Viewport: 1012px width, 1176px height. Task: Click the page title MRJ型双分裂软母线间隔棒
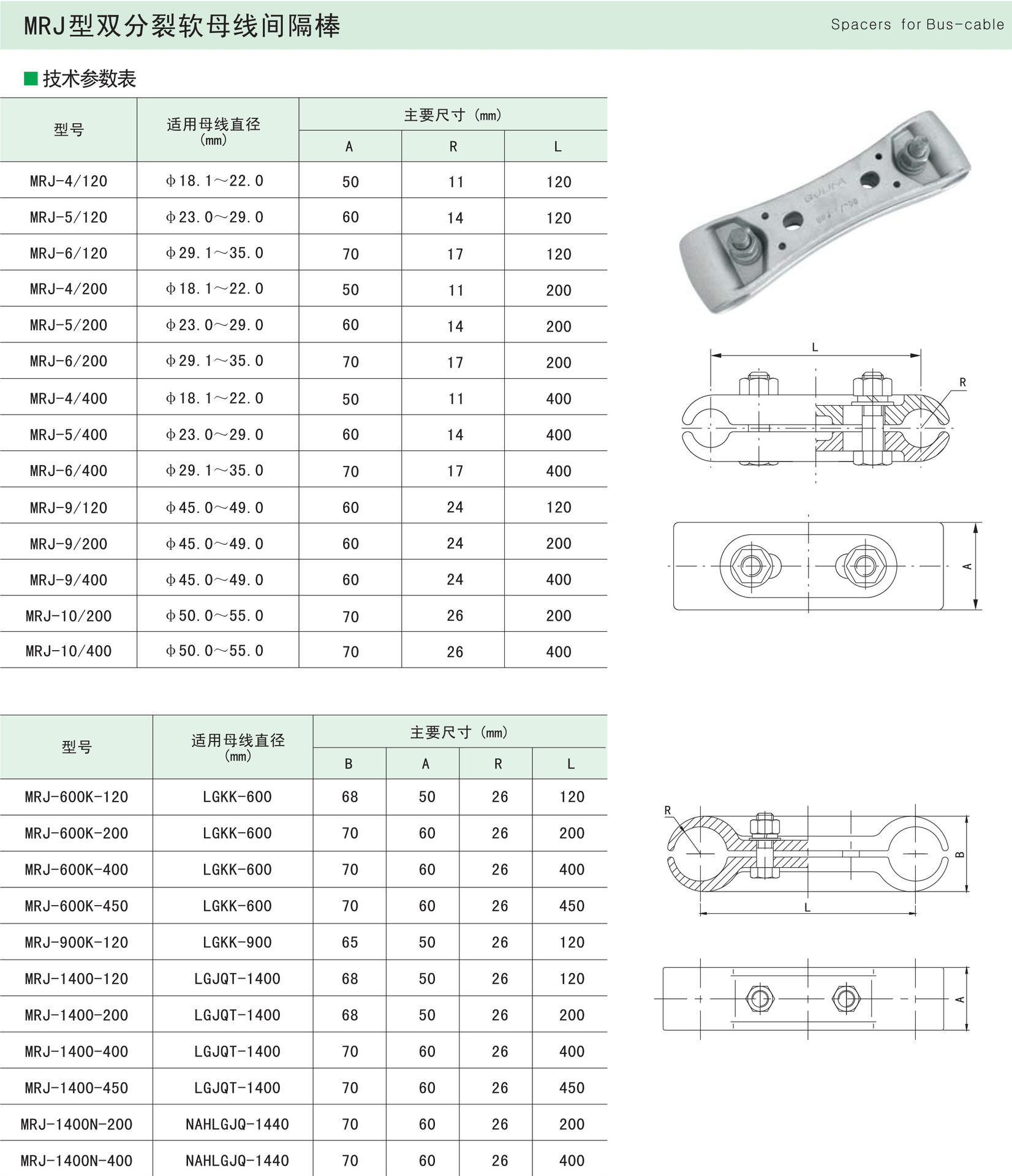[181, 26]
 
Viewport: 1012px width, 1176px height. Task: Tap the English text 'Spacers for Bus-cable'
[917, 25]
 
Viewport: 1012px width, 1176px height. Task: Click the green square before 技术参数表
[31, 78]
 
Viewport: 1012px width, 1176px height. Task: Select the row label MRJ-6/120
[69, 253]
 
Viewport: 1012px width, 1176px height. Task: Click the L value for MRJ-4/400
[558, 399]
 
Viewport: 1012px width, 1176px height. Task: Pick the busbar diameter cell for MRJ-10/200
[214, 616]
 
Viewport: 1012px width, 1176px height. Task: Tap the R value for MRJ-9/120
[455, 507]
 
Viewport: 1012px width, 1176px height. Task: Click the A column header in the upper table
[349, 146]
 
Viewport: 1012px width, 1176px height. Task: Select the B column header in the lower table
[349, 764]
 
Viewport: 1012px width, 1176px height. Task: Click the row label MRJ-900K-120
[77, 943]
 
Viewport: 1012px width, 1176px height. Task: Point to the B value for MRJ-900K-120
[350, 943]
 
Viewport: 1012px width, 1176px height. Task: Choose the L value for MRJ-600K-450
[572, 906]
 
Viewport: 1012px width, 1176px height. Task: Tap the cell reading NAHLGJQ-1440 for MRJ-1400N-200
[237, 1124]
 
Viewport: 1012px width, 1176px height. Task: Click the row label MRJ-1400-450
[77, 1088]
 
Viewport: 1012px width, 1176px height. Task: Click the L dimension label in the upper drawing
[815, 347]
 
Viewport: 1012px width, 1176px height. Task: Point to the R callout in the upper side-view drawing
[962, 382]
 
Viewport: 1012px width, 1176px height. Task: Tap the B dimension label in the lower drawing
[960, 854]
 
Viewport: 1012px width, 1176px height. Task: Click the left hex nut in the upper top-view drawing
[751, 565]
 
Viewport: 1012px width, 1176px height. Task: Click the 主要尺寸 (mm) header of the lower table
[459, 732]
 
